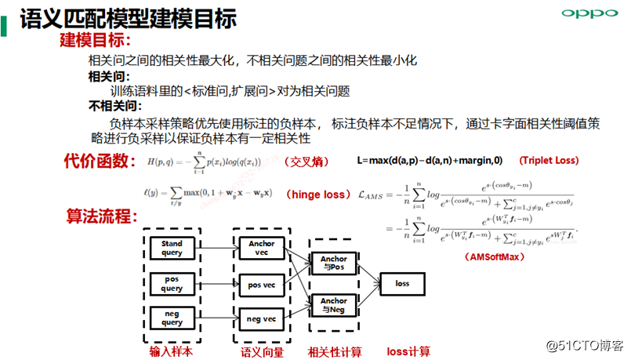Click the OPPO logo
click(x=585, y=14)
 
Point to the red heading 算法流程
click(x=100, y=216)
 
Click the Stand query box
click(x=172, y=249)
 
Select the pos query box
click(x=172, y=284)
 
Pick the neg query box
click(x=172, y=318)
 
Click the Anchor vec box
click(x=261, y=249)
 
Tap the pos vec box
click(x=261, y=284)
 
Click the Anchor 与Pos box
click(x=334, y=264)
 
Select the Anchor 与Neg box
click(x=334, y=305)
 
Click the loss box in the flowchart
click(x=403, y=284)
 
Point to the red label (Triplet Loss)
click(x=549, y=161)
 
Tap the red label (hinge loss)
click(x=316, y=195)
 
